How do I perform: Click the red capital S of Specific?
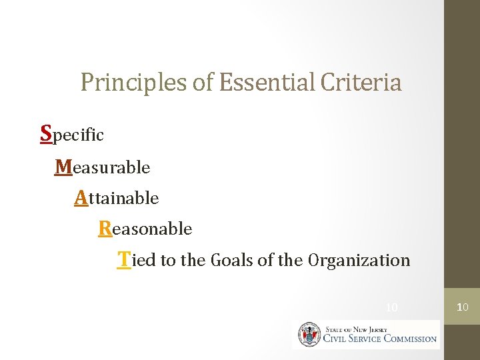[x=46, y=133]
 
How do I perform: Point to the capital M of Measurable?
[x=64, y=166]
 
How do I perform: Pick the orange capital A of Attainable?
[x=81, y=197]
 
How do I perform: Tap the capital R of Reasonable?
[x=105, y=229]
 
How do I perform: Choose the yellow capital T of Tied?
[x=123, y=259]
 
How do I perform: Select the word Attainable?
[x=117, y=198]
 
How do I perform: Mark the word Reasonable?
[x=145, y=229]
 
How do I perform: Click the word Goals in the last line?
[x=232, y=260]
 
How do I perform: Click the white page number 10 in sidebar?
[x=462, y=307]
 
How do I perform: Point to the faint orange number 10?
[x=392, y=307]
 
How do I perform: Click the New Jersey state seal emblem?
[x=309, y=334]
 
